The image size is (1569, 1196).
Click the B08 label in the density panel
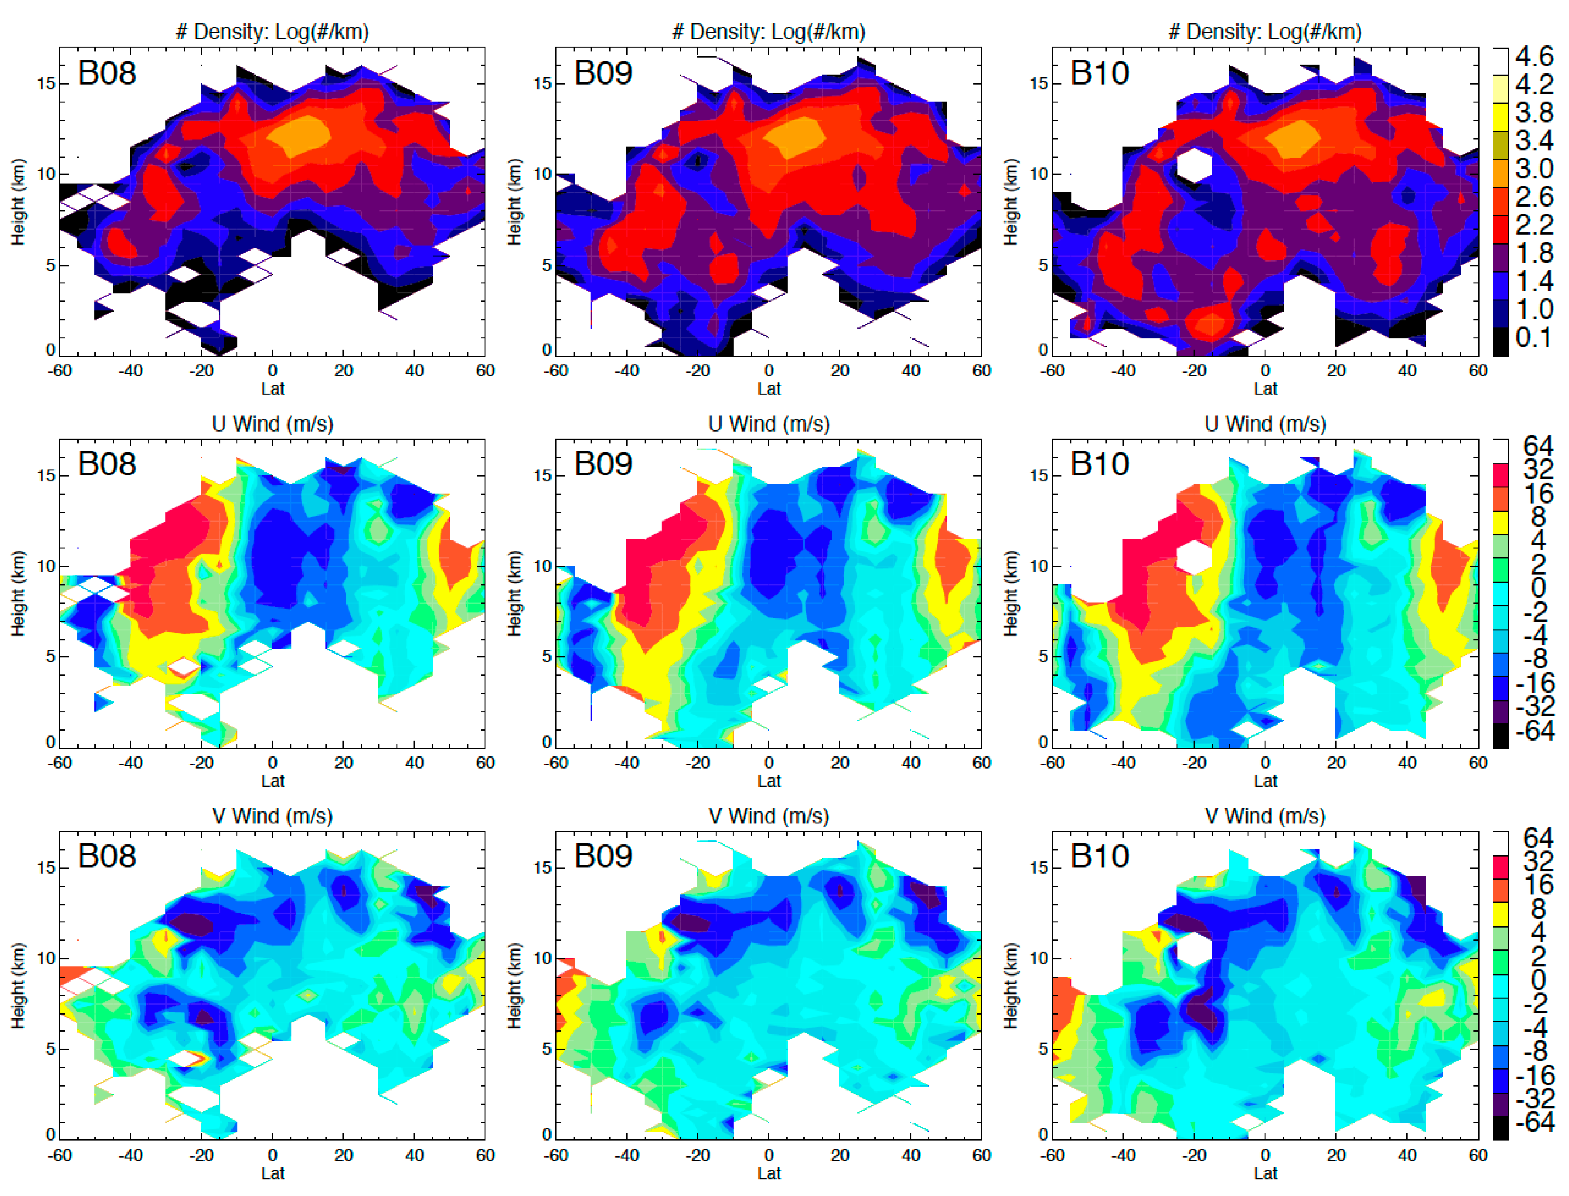pos(107,73)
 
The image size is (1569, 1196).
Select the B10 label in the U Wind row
pos(1099,464)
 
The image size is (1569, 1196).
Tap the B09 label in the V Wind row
pos(603,856)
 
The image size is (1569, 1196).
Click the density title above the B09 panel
pos(768,32)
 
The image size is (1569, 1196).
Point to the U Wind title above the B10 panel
pos(1265,424)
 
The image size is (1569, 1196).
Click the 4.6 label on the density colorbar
pos(1534,55)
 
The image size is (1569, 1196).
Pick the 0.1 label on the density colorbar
pos(1534,337)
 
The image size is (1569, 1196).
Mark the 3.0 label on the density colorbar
pos(1534,169)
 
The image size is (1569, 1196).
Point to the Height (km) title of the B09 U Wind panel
pos(514,593)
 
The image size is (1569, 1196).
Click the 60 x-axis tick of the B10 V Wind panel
pos(1478,1155)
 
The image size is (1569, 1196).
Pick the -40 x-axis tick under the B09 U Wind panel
pos(626,762)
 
